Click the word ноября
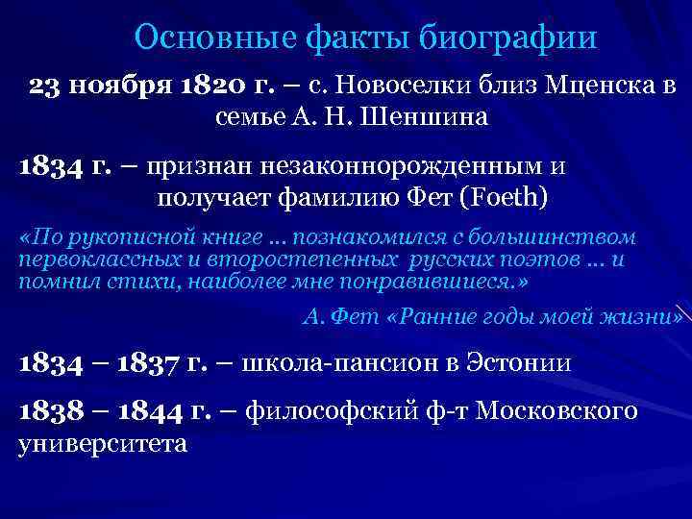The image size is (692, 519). coord(119,87)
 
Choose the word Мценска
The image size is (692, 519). coord(587,87)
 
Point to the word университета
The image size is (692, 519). coord(103,444)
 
